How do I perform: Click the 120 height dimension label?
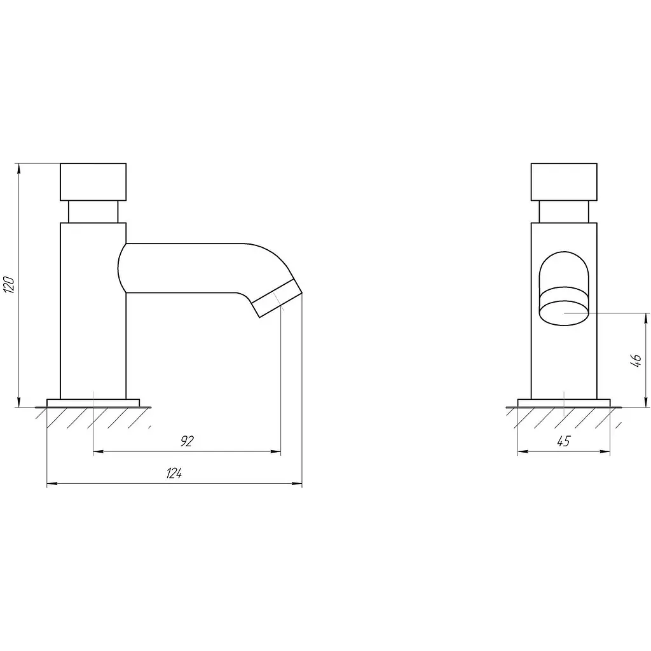click(x=9, y=285)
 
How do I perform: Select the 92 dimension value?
click(x=188, y=441)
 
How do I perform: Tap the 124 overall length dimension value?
click(x=174, y=473)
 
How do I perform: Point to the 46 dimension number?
click(x=636, y=361)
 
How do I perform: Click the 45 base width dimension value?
click(x=563, y=441)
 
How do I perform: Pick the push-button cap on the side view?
click(x=93, y=182)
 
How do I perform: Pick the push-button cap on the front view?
click(x=564, y=182)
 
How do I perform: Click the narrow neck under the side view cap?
click(x=93, y=212)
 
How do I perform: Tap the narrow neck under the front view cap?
click(x=564, y=212)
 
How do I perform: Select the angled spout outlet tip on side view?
click(x=277, y=298)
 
